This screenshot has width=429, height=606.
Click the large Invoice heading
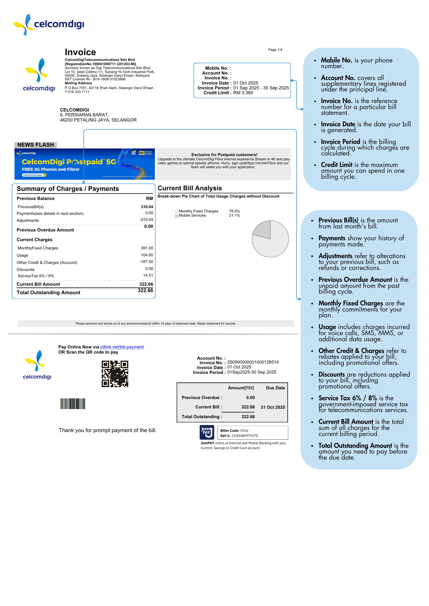(x=80, y=52)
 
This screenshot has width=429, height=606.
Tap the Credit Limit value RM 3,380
(x=243, y=93)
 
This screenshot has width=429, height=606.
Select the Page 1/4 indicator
(x=275, y=50)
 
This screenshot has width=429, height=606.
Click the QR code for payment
(x=115, y=374)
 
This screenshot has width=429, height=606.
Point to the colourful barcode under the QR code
(x=73, y=404)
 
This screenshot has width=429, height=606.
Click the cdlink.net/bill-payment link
(x=122, y=347)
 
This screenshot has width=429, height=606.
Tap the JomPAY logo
(x=207, y=432)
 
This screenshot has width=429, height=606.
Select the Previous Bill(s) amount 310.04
(x=147, y=207)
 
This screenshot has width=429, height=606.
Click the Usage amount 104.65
(x=147, y=255)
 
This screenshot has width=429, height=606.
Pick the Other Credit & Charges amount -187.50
(x=146, y=262)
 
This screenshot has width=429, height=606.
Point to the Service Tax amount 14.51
(x=148, y=275)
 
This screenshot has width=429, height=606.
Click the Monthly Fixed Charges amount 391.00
(x=147, y=248)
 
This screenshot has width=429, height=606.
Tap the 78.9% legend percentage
(x=234, y=211)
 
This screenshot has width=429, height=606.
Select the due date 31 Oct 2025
(x=273, y=407)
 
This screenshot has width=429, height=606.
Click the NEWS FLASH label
(x=35, y=145)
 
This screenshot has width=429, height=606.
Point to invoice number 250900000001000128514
(x=253, y=362)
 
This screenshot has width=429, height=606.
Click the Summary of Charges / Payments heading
(x=68, y=189)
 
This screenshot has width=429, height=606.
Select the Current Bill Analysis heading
(x=190, y=188)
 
